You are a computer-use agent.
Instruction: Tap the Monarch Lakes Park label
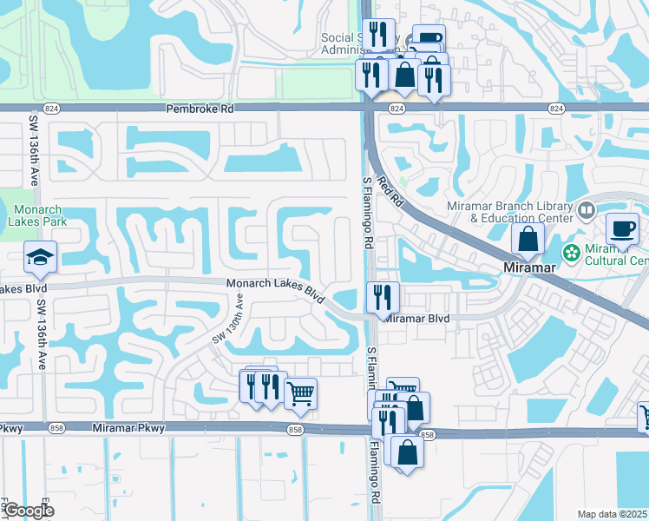[46, 214]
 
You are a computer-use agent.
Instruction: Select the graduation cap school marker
[39, 258]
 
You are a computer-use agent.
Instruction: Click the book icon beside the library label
[587, 210]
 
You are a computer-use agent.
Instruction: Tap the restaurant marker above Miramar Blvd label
[383, 297]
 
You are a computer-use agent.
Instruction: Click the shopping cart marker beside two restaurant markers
[300, 393]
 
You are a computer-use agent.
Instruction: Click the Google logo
[28, 511]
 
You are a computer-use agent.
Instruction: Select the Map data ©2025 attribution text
[612, 514]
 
